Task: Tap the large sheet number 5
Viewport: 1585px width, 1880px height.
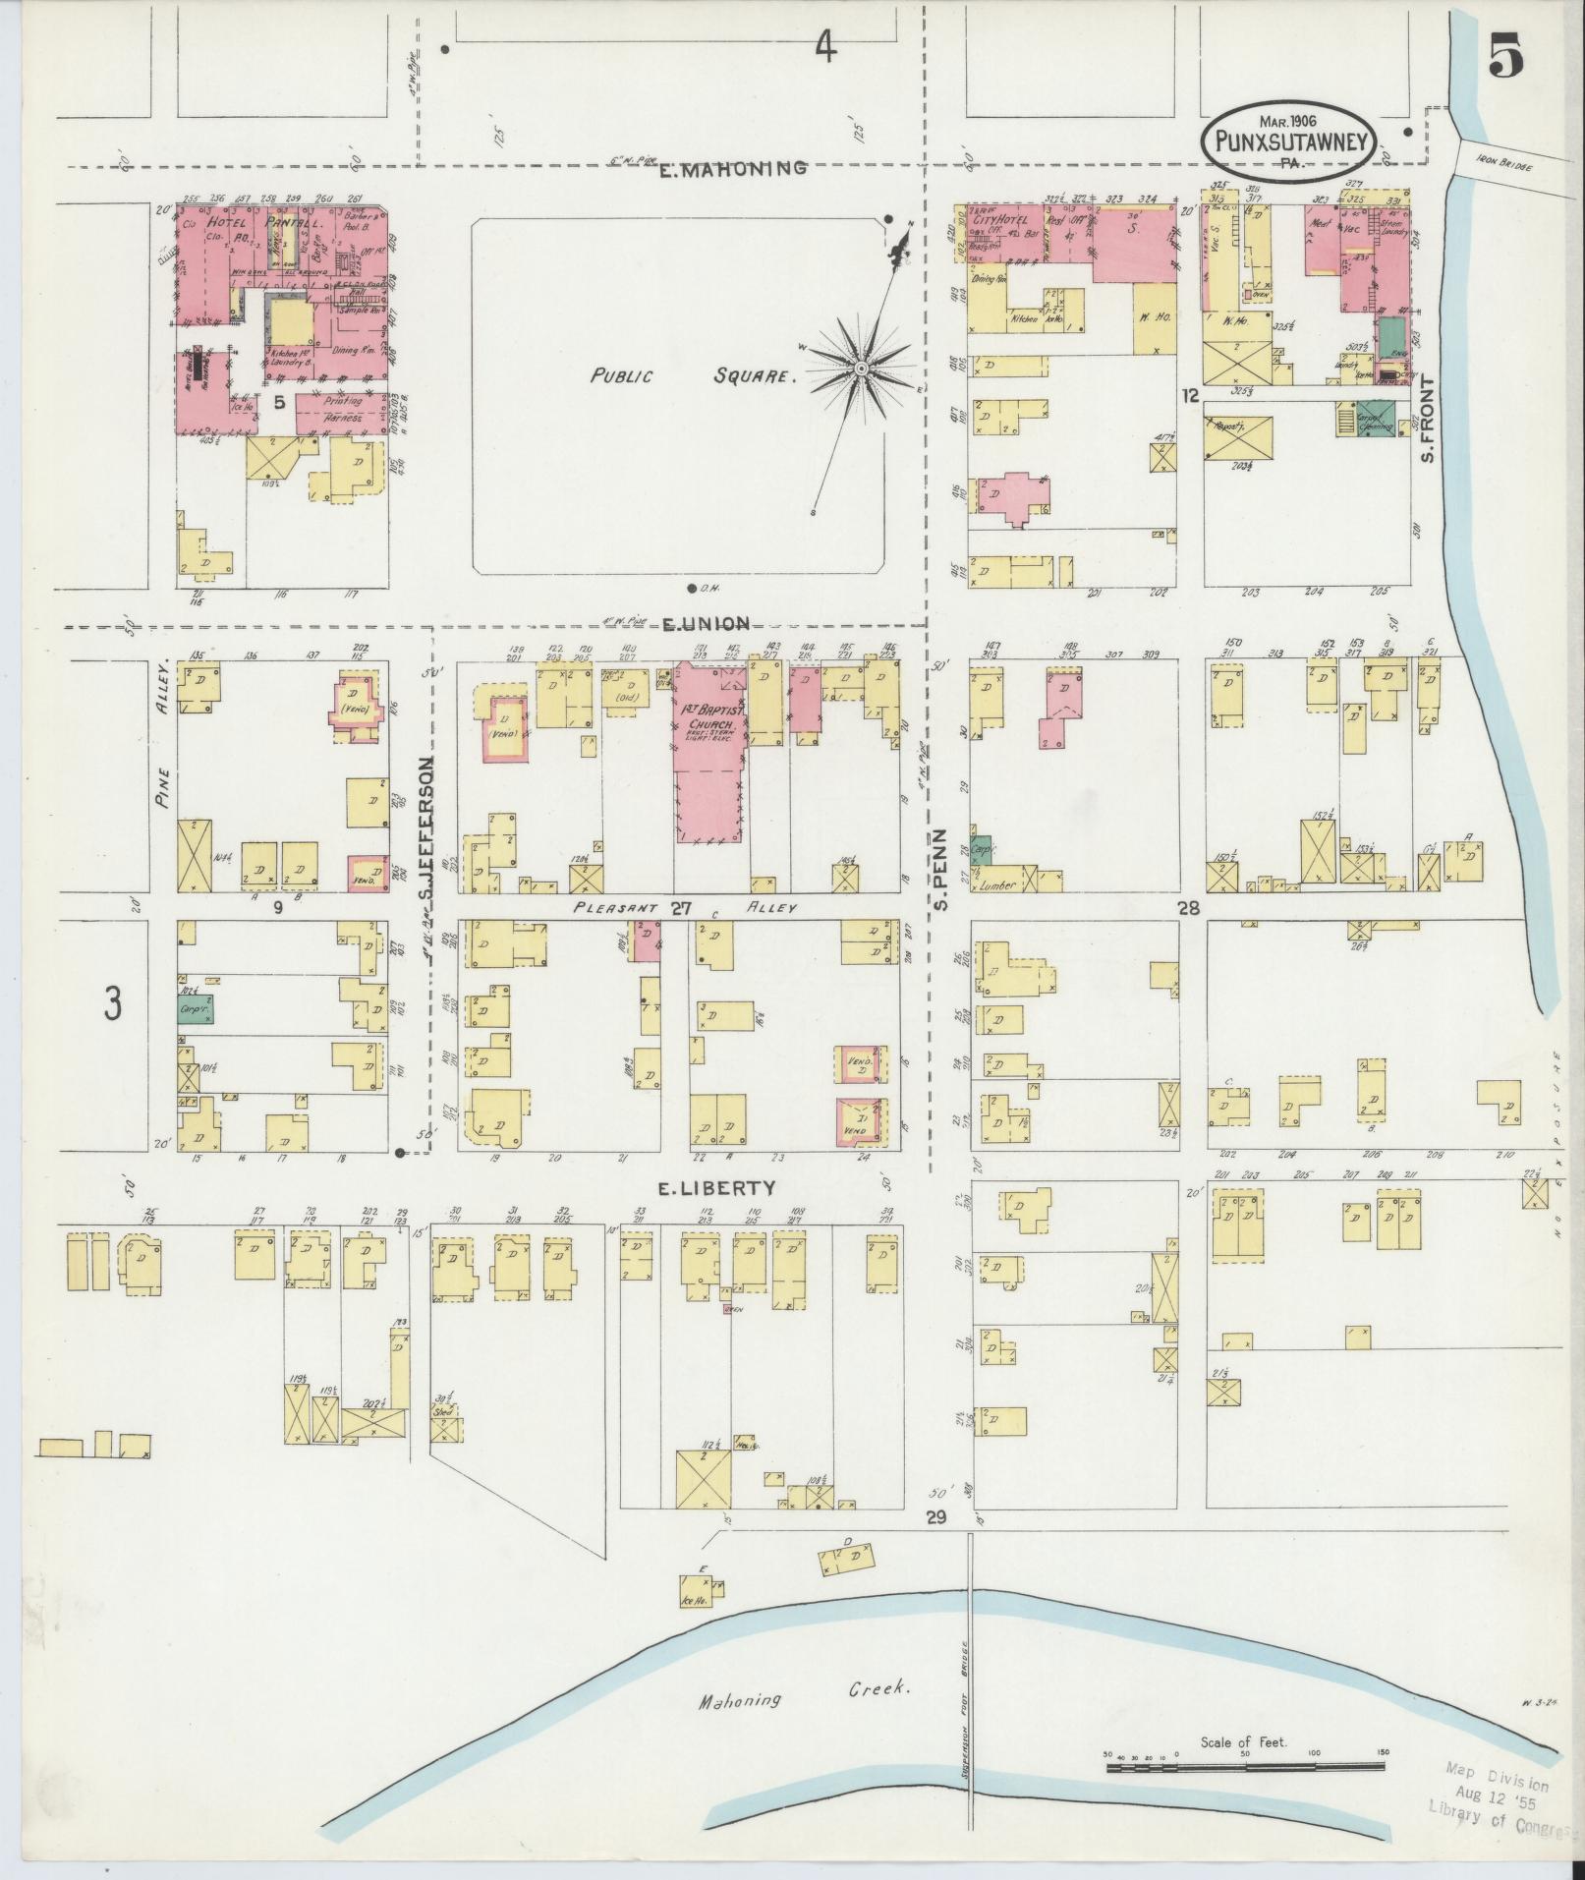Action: [x=1505, y=58]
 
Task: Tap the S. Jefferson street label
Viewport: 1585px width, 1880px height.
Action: [x=426, y=825]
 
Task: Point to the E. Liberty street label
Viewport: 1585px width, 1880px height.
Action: [x=716, y=1188]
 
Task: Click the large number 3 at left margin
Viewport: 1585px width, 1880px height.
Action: [x=114, y=1004]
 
